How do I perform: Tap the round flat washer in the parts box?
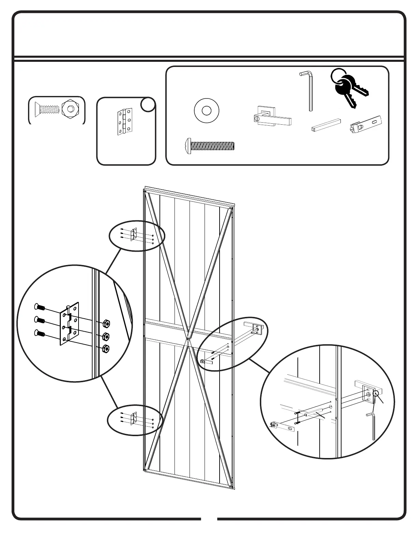[x=206, y=111]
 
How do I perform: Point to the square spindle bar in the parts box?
[x=326, y=125]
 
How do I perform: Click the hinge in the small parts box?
[x=125, y=122]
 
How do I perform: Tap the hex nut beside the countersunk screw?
[x=70, y=109]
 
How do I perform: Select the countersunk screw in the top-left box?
[x=47, y=109]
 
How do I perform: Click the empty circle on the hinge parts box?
[x=148, y=105]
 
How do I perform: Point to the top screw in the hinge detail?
[x=40, y=307]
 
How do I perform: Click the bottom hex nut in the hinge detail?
[x=106, y=349]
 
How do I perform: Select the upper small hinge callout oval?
[x=137, y=236]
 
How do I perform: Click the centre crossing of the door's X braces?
[x=188, y=339]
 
